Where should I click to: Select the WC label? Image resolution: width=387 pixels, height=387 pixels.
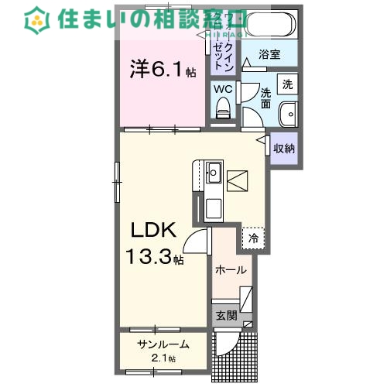pyautogui.click(x=223, y=89)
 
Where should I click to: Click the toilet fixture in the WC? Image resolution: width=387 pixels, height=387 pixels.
pyautogui.click(x=224, y=111)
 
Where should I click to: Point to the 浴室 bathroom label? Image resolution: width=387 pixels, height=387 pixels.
pyautogui.click(x=269, y=56)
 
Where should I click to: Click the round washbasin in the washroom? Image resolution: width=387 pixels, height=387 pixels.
pyautogui.click(x=288, y=113)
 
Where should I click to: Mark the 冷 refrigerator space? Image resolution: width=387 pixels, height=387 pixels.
pyautogui.click(x=253, y=238)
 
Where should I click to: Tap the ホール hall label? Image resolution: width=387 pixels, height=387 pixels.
pyautogui.click(x=231, y=270)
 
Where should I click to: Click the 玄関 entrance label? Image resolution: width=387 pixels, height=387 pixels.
pyautogui.click(x=226, y=315)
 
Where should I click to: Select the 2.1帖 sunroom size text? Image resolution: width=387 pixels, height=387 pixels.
pyautogui.click(x=163, y=358)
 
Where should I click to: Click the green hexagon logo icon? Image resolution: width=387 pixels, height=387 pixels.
pyautogui.click(x=34, y=19)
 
